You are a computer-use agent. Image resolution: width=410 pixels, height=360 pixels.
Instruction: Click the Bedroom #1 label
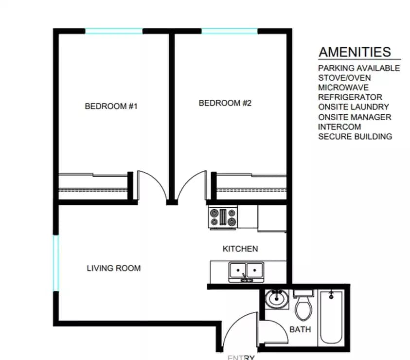coord(111,106)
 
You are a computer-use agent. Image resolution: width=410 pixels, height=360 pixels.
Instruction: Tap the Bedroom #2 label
coord(225,103)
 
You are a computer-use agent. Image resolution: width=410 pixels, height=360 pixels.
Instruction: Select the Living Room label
coord(114,268)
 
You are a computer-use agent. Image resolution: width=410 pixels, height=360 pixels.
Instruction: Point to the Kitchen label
coord(240,249)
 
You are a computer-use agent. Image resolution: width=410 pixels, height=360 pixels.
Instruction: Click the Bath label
coord(300,329)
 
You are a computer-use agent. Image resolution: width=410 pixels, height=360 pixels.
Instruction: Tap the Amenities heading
coord(355,52)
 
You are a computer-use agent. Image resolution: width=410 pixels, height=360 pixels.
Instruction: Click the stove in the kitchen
coord(223,216)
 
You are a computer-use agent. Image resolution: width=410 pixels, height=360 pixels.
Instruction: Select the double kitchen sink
coord(247,271)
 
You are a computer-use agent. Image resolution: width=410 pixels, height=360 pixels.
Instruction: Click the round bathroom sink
coord(277,299)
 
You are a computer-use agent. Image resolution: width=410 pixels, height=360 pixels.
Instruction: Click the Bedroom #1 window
coord(114,32)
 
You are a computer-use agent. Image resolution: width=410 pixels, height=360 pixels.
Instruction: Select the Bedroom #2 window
coord(230,32)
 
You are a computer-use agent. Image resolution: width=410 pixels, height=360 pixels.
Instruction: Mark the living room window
coord(56,263)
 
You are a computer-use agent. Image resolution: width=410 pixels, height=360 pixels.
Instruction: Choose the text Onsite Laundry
coord(354,107)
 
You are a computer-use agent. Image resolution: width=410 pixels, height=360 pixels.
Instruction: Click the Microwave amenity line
coord(343,88)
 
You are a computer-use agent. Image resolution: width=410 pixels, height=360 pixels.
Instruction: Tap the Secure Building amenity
coord(355,137)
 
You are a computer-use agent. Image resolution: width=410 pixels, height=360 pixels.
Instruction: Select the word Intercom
coord(339,127)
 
